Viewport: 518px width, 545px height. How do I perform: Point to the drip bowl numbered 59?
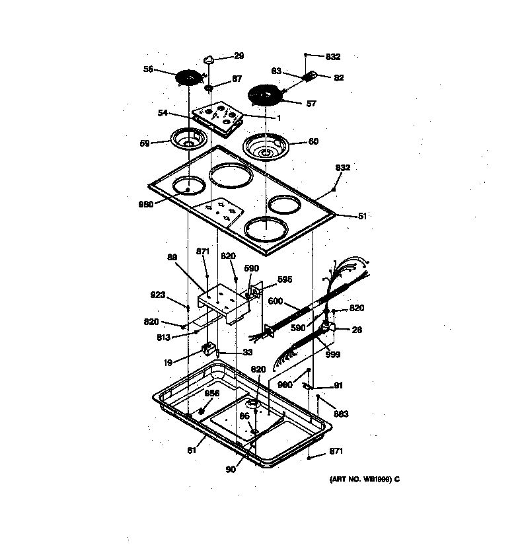[x=189, y=139]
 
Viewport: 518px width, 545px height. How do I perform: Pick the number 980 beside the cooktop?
[x=146, y=204]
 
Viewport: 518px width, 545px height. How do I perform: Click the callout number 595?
[x=284, y=279]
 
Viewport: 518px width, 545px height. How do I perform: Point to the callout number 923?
[x=158, y=296]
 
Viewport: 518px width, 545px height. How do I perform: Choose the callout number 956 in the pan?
[x=211, y=393]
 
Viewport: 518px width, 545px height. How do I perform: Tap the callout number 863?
[x=341, y=414]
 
